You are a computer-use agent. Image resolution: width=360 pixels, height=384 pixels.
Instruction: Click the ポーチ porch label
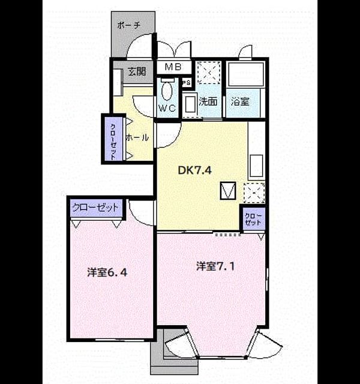click(x=128, y=25)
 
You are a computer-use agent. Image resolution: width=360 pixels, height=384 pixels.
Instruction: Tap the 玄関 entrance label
click(x=137, y=71)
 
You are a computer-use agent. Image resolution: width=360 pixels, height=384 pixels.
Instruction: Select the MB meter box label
click(x=173, y=67)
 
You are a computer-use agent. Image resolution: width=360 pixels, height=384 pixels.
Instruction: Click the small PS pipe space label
click(x=187, y=83)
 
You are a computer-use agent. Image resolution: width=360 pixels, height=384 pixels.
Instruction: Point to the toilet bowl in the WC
click(x=167, y=91)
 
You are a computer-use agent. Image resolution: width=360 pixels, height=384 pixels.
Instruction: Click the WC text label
click(x=167, y=108)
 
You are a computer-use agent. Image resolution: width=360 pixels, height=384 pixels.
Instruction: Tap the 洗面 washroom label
click(x=208, y=101)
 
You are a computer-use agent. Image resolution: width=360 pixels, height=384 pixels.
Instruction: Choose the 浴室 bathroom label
click(x=240, y=101)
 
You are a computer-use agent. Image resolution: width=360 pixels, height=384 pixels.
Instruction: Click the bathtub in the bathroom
click(x=245, y=74)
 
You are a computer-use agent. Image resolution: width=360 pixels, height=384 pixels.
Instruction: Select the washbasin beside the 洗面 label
click(x=190, y=104)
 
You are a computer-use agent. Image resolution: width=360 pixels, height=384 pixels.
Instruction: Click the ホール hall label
click(x=137, y=137)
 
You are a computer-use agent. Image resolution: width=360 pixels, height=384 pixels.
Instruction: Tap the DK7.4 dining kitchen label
click(x=194, y=170)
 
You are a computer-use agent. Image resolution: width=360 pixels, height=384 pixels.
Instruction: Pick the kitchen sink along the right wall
click(x=256, y=166)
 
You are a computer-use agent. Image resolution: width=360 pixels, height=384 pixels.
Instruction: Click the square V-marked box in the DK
click(x=228, y=191)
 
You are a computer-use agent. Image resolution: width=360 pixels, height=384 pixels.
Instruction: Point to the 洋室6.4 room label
click(x=107, y=272)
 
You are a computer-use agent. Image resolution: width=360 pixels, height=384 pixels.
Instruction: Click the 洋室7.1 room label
click(x=215, y=266)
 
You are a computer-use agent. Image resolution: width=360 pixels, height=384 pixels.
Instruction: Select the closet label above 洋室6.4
click(x=95, y=208)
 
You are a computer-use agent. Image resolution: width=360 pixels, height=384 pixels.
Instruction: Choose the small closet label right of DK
click(x=253, y=219)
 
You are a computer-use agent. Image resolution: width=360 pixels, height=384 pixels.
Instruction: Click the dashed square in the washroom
click(x=209, y=73)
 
